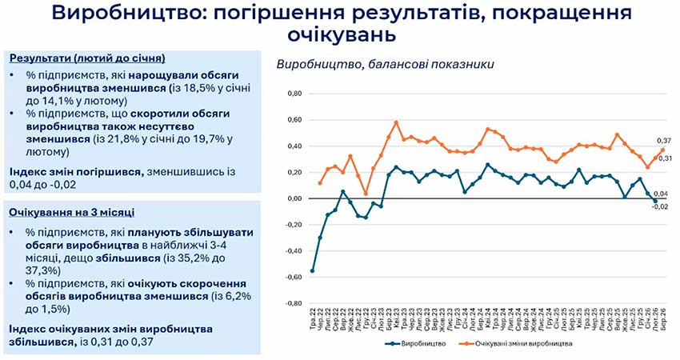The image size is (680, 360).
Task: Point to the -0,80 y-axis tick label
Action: tap(291, 304)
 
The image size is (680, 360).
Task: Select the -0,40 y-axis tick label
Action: tap(291, 251)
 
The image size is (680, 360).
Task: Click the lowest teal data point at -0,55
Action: tap(312, 270)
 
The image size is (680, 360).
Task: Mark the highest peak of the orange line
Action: tap(396, 122)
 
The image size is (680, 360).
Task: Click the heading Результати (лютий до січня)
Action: tap(87, 58)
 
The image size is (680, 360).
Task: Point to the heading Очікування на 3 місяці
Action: tap(71, 212)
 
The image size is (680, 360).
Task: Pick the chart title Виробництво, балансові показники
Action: tap(385, 64)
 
